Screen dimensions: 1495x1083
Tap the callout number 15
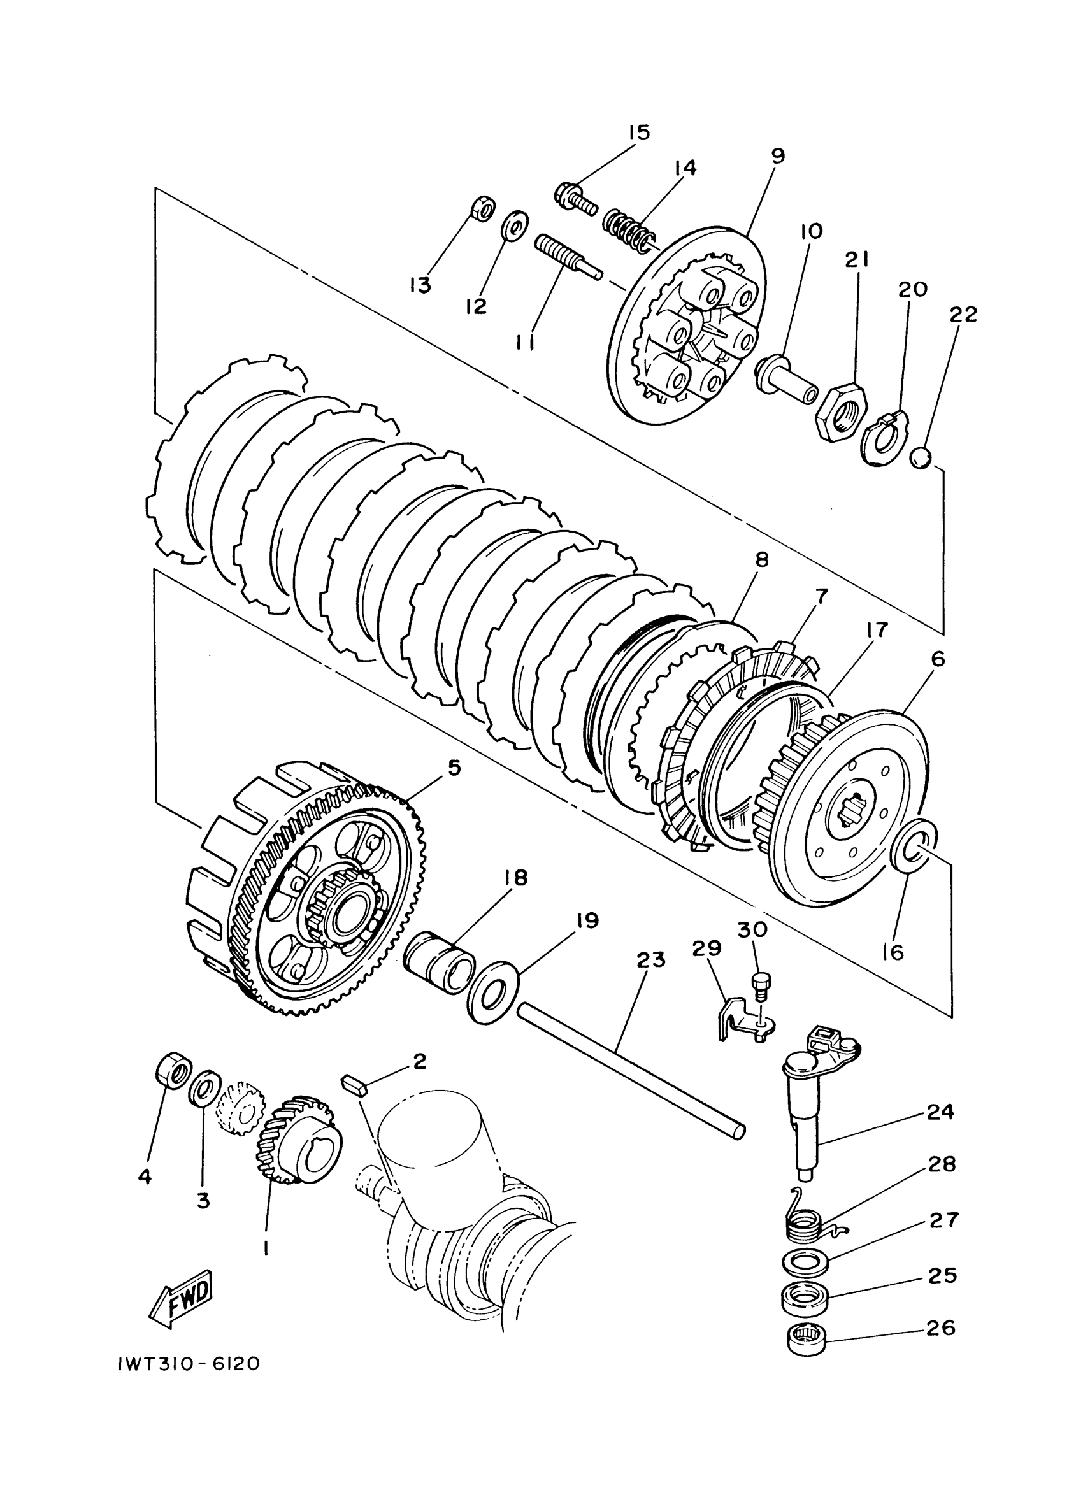point(638,132)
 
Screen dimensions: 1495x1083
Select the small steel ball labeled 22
point(921,457)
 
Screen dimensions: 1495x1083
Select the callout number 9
point(778,156)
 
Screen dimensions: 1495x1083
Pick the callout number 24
point(940,1112)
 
